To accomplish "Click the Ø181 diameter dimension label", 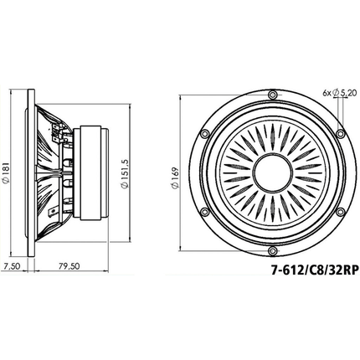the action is [6, 172].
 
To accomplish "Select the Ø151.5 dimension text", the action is [125, 174].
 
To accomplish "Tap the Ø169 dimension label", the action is [175, 178].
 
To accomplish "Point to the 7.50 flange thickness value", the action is [12, 266].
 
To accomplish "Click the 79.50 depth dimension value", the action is [69, 266].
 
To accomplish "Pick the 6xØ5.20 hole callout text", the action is [340, 93].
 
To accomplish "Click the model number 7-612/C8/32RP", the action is [315, 270].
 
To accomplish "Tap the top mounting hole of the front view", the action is [272, 95].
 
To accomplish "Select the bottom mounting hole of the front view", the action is [272, 251].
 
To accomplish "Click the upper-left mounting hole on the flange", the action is [204, 134].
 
